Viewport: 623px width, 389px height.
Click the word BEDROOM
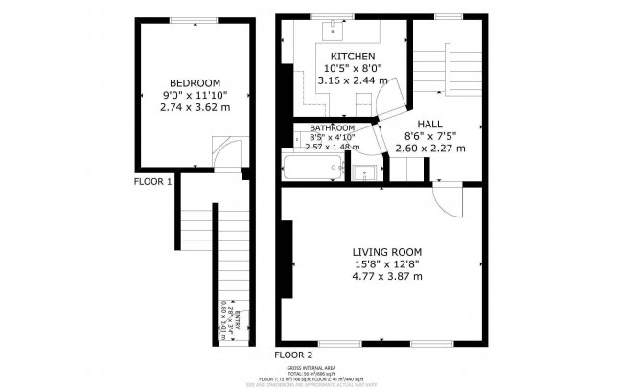196,82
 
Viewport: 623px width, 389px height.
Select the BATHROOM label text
332,128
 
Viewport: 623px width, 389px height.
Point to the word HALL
428,124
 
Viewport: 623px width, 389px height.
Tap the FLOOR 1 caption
152,181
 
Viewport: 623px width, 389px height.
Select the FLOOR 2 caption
293,355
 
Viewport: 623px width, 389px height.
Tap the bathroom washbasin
363,172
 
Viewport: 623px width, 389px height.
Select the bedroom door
221,152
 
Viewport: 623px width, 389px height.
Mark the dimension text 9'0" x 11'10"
196,95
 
